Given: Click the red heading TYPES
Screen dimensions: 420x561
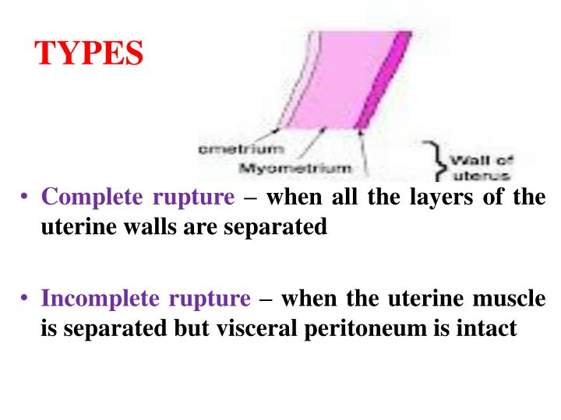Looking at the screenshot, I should coord(90,54).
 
